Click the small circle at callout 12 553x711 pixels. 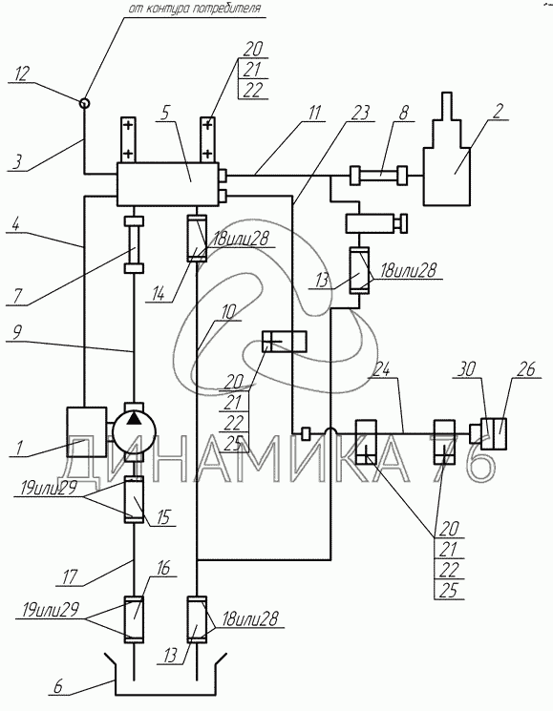click(x=84, y=103)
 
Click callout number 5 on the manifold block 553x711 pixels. click(x=165, y=113)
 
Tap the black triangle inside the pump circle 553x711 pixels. click(x=134, y=419)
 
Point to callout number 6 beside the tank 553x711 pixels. click(x=57, y=686)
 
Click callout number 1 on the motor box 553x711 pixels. click(x=18, y=448)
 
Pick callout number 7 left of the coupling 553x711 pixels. click(x=18, y=296)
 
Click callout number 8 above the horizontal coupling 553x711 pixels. click(x=404, y=113)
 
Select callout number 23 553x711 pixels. click(x=361, y=113)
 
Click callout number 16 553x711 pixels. click(x=163, y=568)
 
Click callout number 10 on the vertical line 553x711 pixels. click(x=228, y=312)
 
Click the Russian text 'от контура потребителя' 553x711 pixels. click(x=195, y=9)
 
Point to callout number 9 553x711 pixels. click(x=16, y=334)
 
